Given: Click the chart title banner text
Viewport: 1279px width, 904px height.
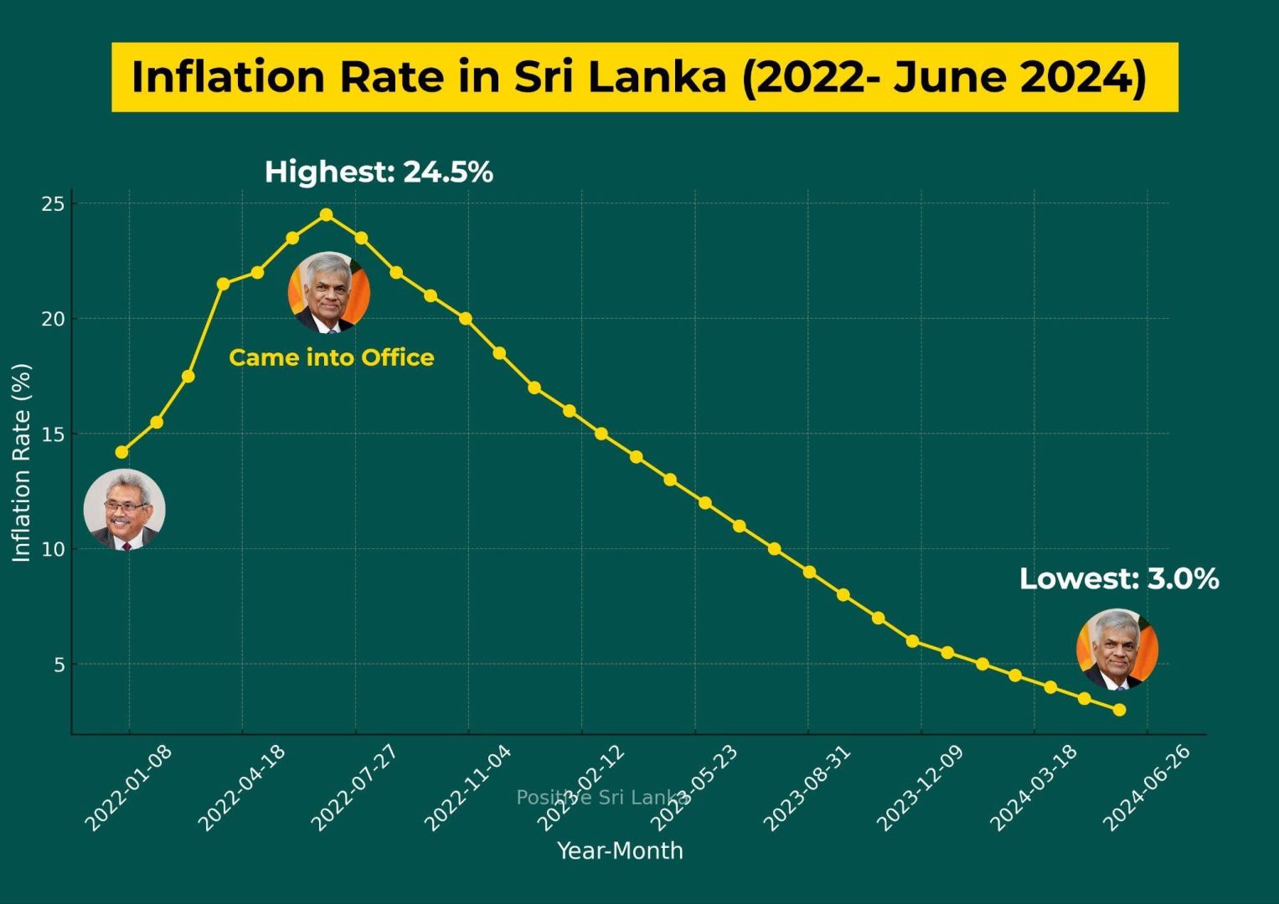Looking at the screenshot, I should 639,77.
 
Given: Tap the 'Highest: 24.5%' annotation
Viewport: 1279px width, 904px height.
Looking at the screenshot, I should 379,172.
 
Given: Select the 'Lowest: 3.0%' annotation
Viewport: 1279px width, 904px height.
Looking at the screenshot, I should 1118,578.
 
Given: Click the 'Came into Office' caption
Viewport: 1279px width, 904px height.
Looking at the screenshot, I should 332,357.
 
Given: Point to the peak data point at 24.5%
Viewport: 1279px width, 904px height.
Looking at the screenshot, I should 327,215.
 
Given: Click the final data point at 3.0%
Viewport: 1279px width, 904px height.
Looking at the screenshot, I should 1119,710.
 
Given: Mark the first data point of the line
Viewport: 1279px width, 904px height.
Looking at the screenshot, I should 122,452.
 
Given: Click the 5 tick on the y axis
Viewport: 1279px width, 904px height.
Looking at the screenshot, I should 59,665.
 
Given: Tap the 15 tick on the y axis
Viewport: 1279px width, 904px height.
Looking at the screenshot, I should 54,434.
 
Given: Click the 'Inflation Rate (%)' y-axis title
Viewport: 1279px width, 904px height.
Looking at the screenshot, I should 22,462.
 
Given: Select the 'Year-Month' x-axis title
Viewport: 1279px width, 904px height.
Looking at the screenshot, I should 620,850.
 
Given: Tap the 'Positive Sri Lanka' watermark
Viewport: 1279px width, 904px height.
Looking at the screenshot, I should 603,797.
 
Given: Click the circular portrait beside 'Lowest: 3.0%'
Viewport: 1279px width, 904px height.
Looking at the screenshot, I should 1117,650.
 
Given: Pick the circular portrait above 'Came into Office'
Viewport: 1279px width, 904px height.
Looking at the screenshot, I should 328,292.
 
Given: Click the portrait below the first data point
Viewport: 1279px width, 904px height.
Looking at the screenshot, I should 125,510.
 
